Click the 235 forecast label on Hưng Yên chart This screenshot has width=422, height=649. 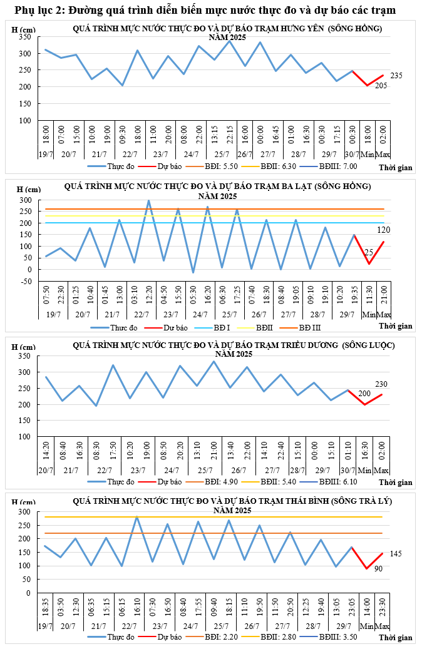[396, 76]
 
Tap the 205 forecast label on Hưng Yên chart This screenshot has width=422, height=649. [381, 86]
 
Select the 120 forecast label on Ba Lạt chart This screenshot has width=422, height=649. [383, 230]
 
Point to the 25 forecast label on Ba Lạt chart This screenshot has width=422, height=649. [369, 252]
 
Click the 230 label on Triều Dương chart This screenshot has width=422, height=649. [381, 384]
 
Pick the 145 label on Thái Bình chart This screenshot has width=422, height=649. [396, 554]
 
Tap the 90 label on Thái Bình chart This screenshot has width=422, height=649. [378, 568]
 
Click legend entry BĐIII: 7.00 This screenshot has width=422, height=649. [342, 166]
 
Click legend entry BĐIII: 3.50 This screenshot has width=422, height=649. [342, 636]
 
